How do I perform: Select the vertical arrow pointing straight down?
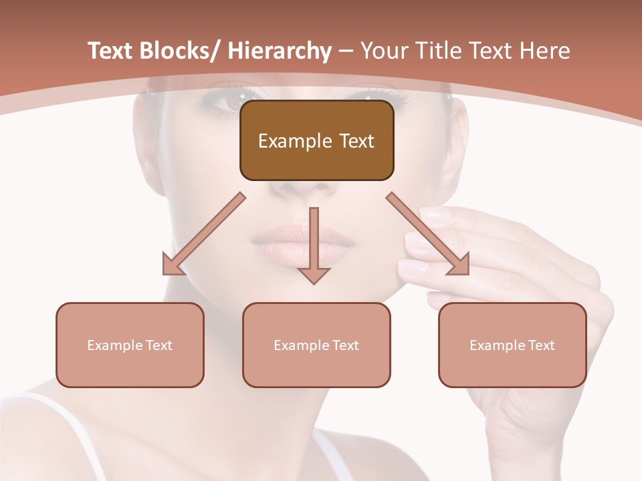(314, 244)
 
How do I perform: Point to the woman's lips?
(302, 245)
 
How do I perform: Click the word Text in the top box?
(356, 141)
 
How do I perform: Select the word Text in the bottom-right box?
(542, 345)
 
